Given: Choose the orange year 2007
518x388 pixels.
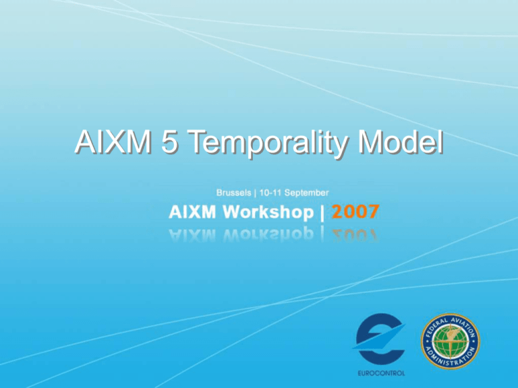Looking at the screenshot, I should click(x=355, y=214).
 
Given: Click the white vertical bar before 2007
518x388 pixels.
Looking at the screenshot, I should click(x=325, y=214).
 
